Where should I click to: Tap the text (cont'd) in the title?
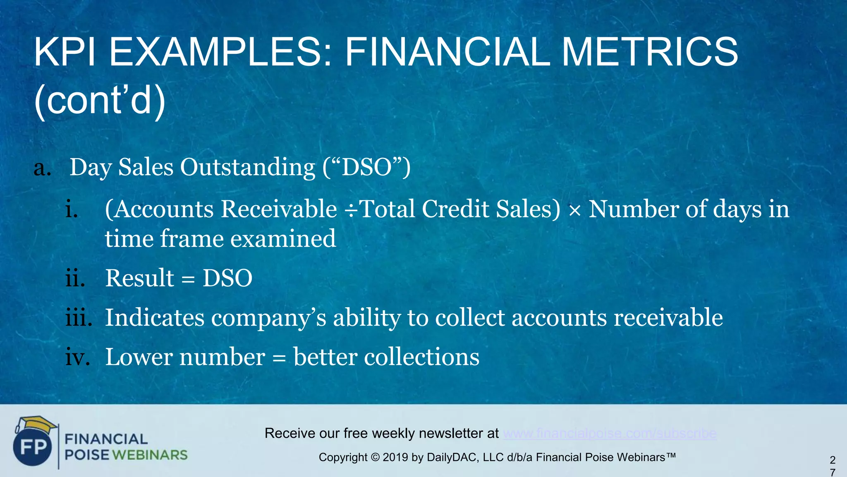(100, 101)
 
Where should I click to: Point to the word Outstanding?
(247, 168)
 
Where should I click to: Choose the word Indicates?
(155, 318)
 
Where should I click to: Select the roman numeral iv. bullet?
(78, 357)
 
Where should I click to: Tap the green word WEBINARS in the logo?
(150, 455)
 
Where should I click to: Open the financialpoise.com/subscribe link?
(610, 434)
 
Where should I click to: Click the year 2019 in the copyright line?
(395, 458)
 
